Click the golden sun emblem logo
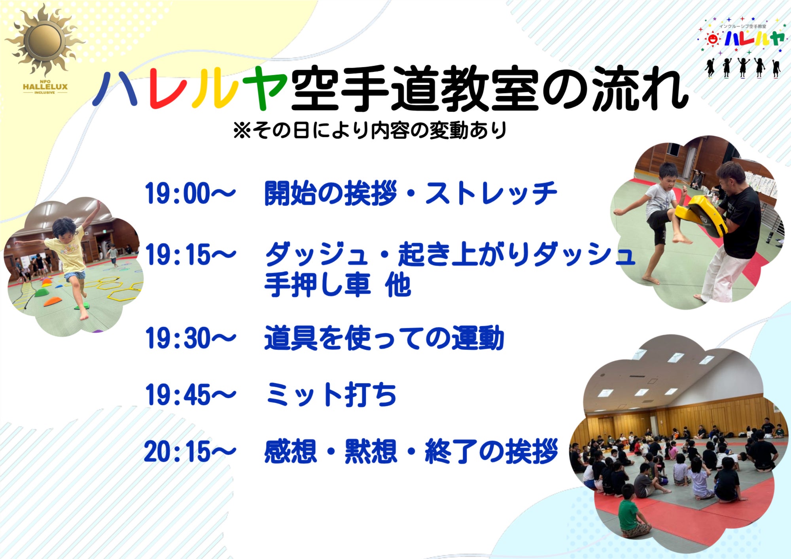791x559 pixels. click(45, 40)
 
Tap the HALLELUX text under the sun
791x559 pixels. click(45, 87)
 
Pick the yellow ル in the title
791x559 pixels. click(216, 89)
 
